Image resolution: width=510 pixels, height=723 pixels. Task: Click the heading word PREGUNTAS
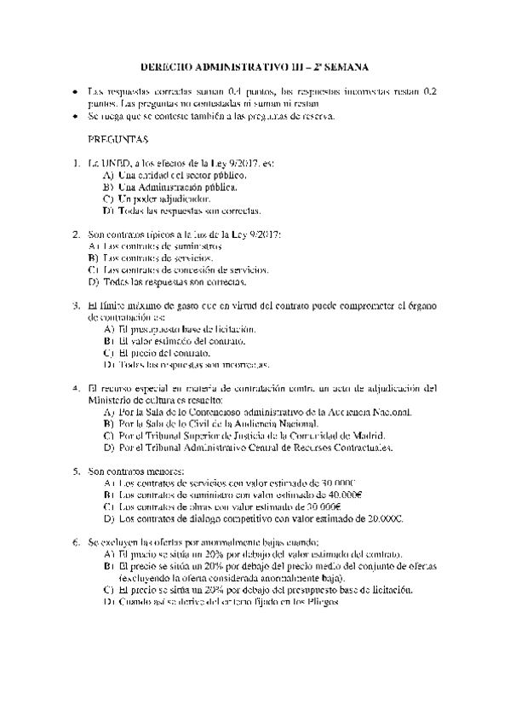click(118, 138)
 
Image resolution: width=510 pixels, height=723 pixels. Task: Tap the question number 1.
click(78, 161)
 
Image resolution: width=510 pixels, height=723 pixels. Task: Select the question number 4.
click(78, 386)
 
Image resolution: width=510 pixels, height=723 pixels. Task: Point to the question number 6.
click(78, 541)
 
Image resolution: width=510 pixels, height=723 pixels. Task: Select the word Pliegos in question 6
click(322, 601)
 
